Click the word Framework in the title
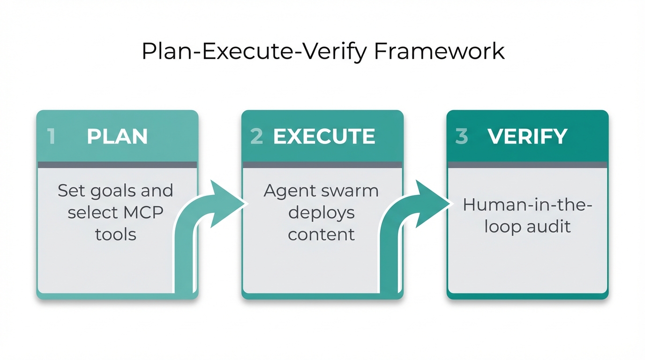pos(440,51)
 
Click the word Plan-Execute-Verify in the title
pos(254,52)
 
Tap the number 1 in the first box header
pos(51,136)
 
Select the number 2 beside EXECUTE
pos(256,136)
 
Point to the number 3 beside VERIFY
pos(462,136)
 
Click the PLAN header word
pos(117,136)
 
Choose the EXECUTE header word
pos(324,136)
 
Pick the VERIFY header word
pos(527,136)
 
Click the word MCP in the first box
pos(143,212)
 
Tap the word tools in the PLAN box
pos(116,234)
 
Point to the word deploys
pos(322,213)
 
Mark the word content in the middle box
pos(322,234)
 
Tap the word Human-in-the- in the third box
pos(527,205)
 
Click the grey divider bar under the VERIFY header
pos(527,165)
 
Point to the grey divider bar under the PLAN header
pos(117,165)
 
